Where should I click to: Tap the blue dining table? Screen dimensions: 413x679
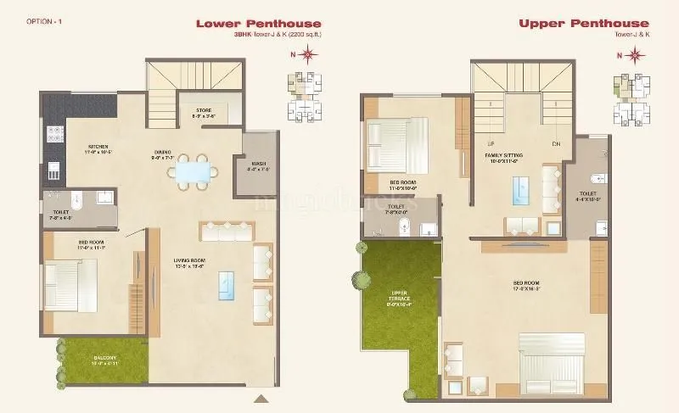tap(191, 172)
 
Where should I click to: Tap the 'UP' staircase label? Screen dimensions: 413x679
tap(491, 143)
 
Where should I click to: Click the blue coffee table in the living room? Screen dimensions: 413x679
tap(227, 285)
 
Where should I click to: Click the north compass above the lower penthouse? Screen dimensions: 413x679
tap(307, 56)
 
